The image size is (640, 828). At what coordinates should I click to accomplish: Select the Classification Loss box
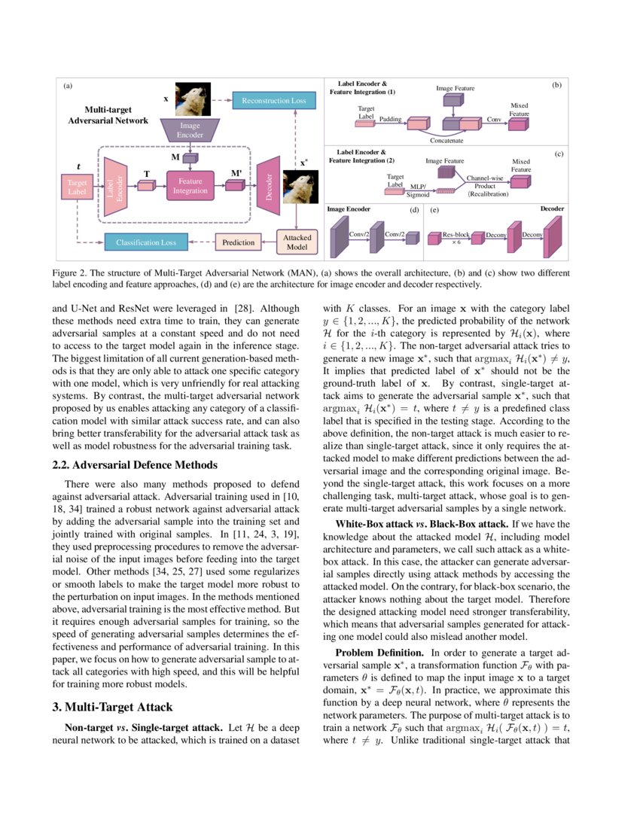click(x=146, y=242)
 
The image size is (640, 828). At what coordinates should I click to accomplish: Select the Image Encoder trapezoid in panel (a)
click(x=190, y=129)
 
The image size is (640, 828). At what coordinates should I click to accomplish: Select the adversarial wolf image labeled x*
click(x=299, y=189)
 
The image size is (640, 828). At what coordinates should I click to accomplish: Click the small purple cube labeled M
click(x=190, y=158)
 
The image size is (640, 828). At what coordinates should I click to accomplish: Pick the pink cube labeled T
click(x=146, y=186)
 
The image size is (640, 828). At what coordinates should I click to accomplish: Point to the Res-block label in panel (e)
click(x=456, y=235)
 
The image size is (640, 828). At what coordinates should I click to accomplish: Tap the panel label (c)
click(x=559, y=154)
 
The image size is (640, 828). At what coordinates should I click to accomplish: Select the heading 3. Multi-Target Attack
click(x=112, y=707)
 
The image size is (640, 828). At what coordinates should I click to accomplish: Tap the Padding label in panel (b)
click(x=390, y=118)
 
